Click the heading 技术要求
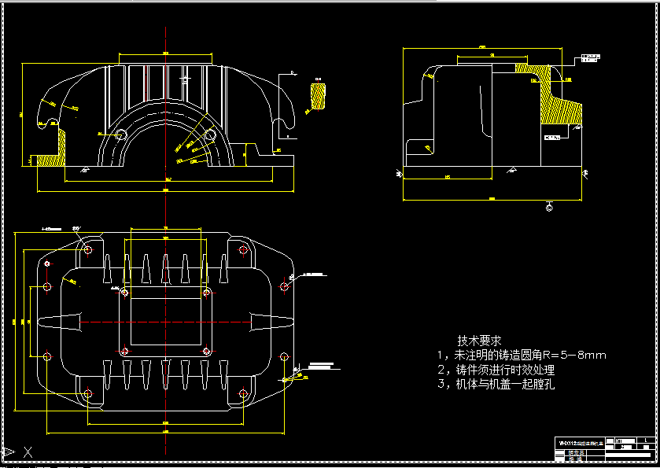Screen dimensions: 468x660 479,341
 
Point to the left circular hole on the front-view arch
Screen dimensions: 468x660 121,135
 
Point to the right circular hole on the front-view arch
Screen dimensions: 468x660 209,135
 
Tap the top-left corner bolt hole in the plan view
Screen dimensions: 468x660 87,249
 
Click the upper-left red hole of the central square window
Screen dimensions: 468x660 124,293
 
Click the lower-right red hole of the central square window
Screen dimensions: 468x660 207,351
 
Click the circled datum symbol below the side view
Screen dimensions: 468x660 548,208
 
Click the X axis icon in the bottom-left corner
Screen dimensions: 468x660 28,451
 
